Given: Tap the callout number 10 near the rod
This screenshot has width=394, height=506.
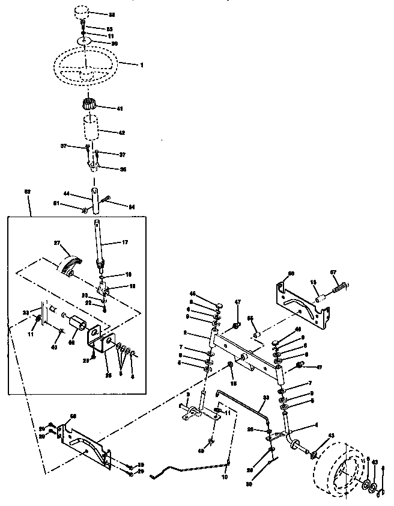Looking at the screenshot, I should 225,477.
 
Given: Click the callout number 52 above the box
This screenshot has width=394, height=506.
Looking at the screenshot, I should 26,192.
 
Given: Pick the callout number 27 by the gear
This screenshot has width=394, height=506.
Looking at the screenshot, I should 58,244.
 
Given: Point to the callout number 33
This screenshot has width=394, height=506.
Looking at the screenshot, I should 265,397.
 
